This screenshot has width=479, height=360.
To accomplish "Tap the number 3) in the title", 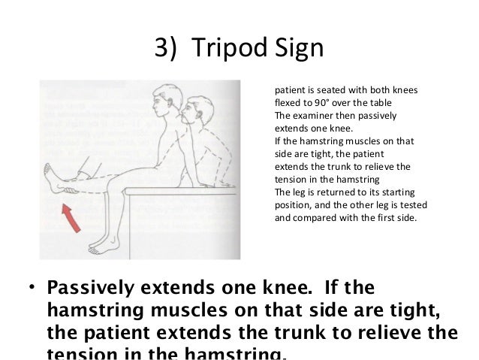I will tap(167, 50).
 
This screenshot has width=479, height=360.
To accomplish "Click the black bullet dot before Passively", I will tap(31, 289).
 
